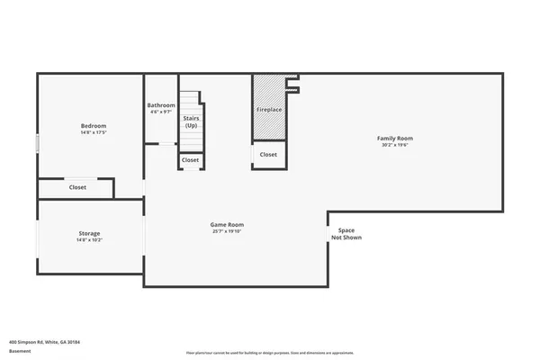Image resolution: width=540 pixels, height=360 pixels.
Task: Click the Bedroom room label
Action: tap(94, 125)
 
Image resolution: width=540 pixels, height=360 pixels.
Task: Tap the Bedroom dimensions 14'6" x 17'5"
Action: tap(94, 132)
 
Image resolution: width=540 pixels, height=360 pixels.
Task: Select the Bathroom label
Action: tap(161, 105)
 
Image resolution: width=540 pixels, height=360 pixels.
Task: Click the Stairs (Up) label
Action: tap(191, 121)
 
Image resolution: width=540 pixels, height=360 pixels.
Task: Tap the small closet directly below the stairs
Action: tap(191, 160)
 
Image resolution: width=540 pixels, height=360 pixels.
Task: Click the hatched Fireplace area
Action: tap(269, 109)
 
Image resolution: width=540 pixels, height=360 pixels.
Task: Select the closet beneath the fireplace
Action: tap(268, 155)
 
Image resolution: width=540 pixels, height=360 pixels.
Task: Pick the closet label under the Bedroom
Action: tap(77, 187)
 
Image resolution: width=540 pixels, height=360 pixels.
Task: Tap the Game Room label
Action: tap(227, 224)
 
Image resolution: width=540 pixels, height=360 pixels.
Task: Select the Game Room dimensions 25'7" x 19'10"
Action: tap(227, 231)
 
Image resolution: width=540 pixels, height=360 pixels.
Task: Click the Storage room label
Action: tap(89, 233)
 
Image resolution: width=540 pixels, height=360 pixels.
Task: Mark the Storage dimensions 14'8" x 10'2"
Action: tap(89, 240)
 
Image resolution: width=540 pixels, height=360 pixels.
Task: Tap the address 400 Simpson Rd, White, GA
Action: tap(45, 342)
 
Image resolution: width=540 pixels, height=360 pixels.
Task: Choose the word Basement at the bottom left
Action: tap(20, 351)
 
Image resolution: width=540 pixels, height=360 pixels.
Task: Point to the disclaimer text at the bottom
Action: tap(269, 353)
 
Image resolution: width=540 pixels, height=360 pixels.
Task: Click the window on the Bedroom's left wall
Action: tap(37, 143)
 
